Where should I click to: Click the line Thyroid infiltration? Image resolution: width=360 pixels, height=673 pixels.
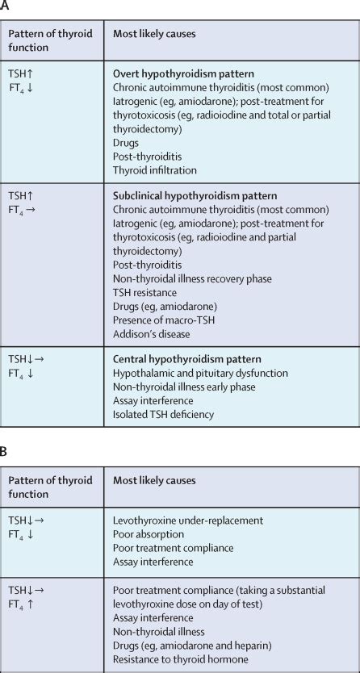[x=155, y=170]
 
